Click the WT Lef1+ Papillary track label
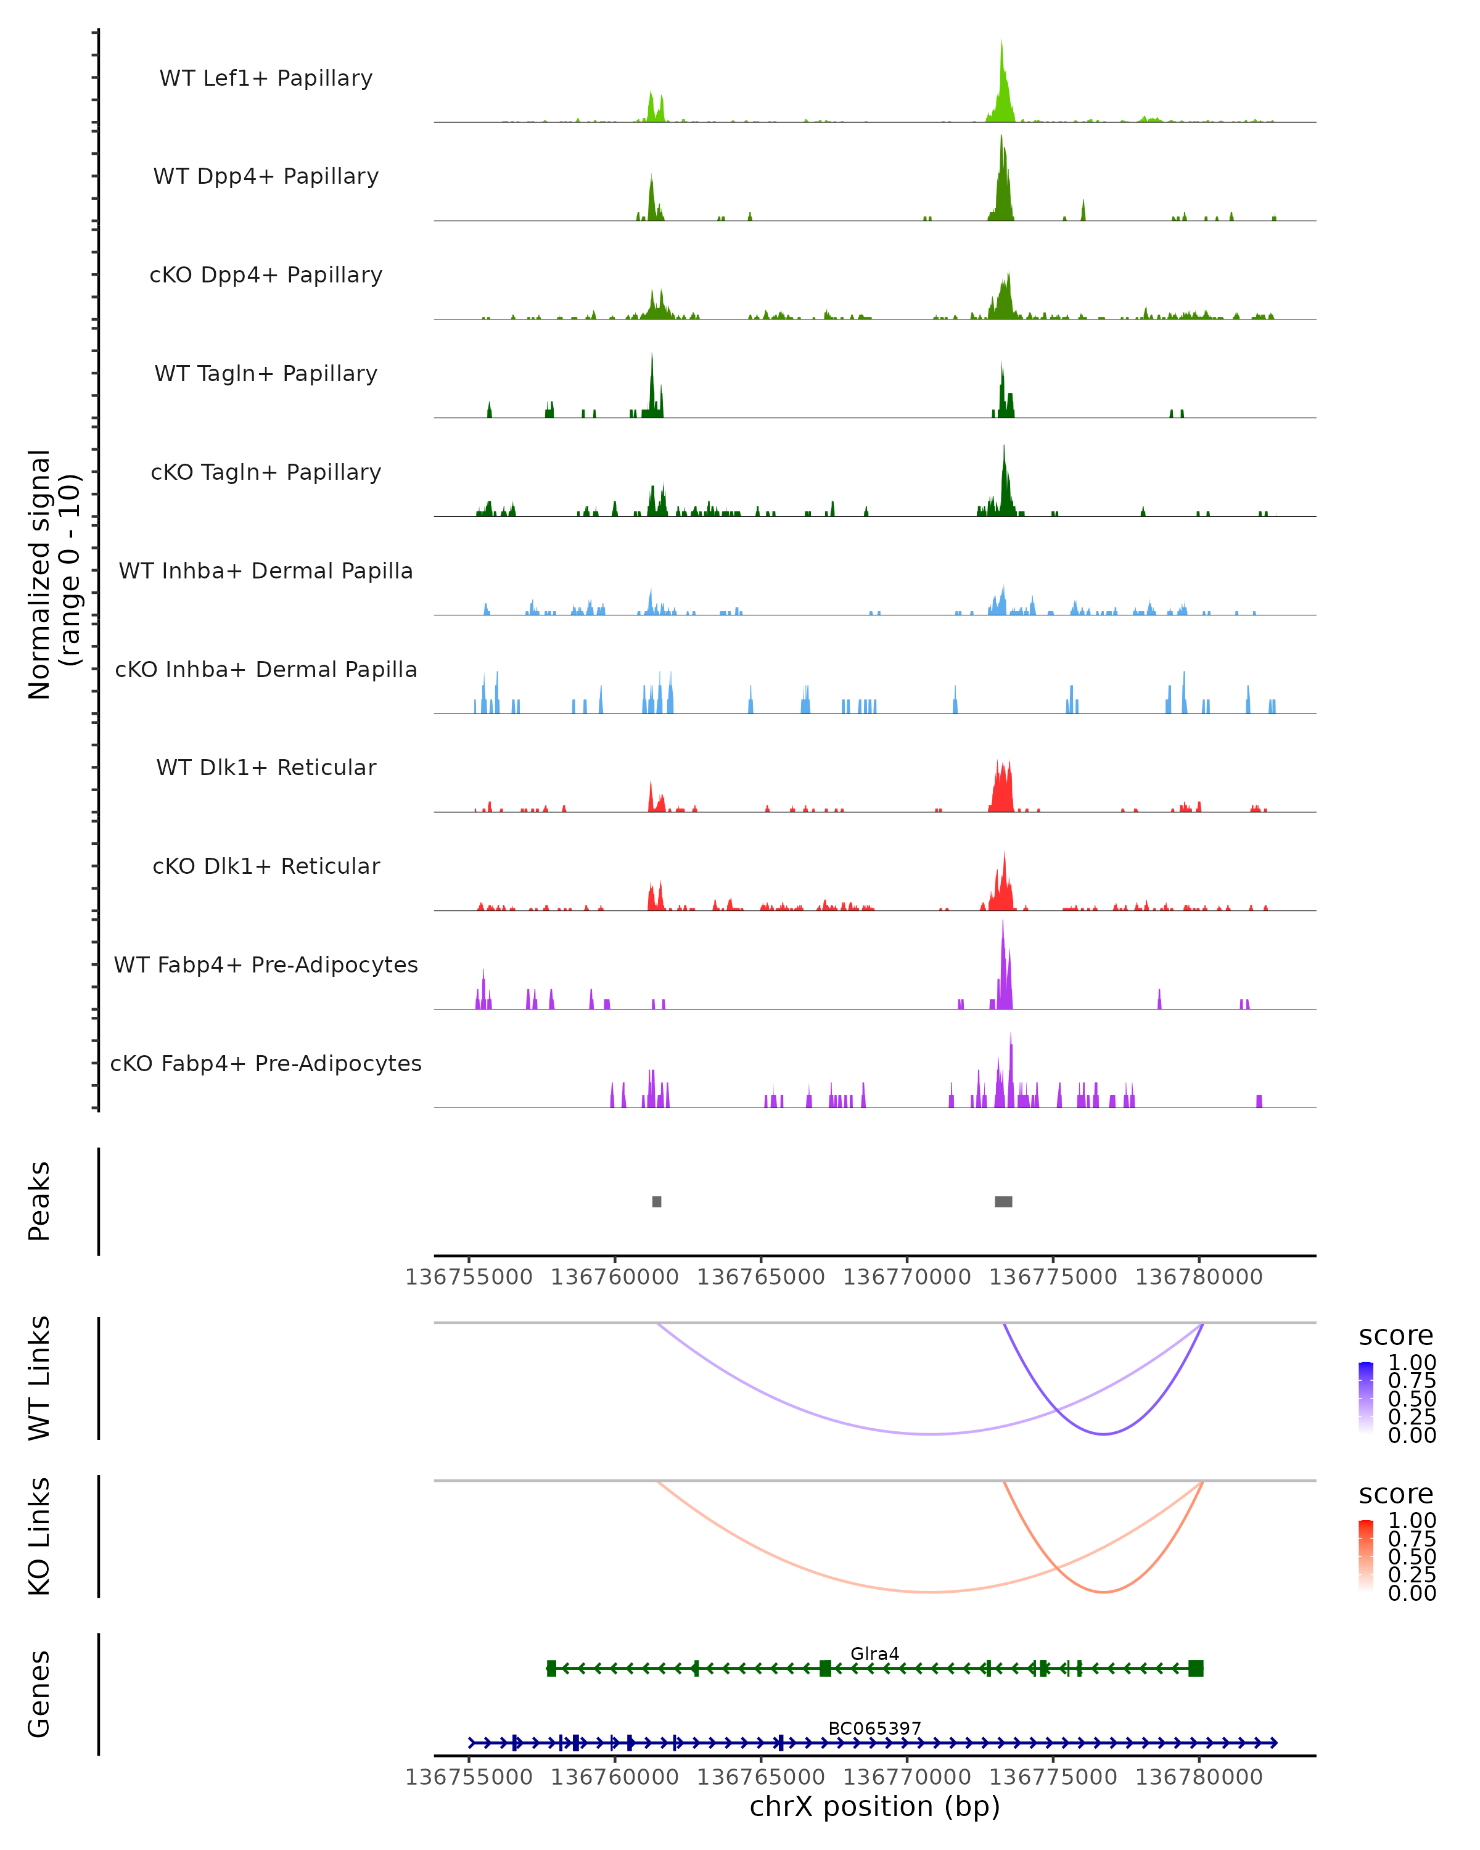coord(266,78)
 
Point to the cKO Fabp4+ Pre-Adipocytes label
coord(266,1063)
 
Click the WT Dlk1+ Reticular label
coord(266,767)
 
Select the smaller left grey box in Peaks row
coord(656,1201)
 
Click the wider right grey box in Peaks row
coord(1003,1201)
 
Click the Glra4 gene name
coord(874,1653)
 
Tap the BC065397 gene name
coord(874,1728)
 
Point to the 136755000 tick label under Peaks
coord(469,1277)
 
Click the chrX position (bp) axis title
coord(874,1806)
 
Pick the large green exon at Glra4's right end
coord(1195,1668)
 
